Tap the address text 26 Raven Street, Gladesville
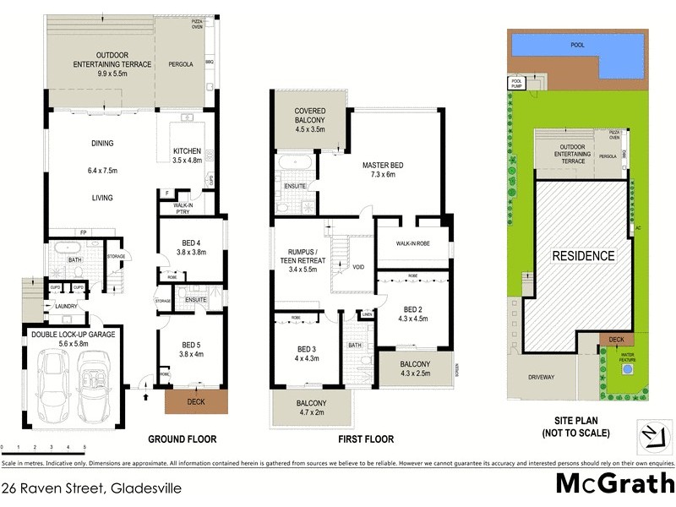(x=91, y=488)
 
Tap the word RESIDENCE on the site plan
(x=583, y=255)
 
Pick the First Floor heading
(x=366, y=439)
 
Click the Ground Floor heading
(x=183, y=439)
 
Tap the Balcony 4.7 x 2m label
(x=311, y=408)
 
